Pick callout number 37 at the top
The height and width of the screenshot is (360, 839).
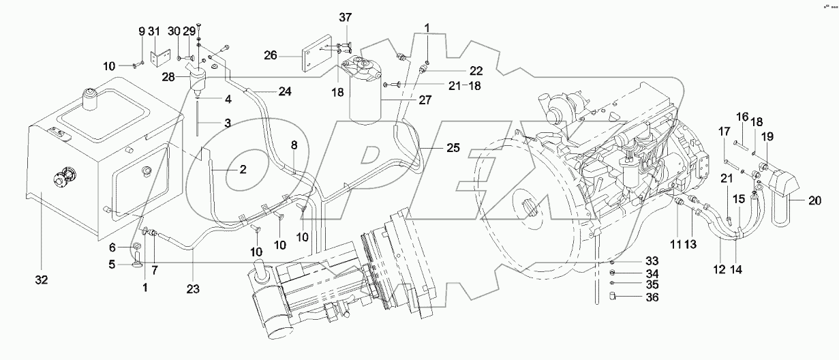[x=345, y=17]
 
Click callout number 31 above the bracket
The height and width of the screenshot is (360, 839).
[x=155, y=31]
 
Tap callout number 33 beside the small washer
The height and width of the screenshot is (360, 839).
[x=635, y=261]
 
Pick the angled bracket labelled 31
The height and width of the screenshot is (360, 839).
[x=161, y=57]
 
